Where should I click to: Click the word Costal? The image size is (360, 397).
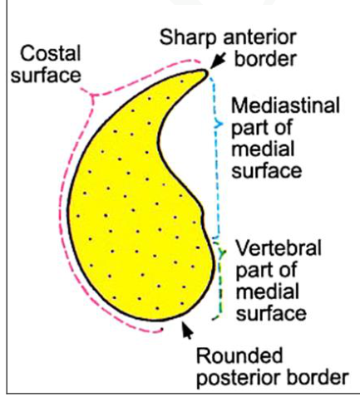tap(51, 53)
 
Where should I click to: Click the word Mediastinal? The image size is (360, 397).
tap(285, 105)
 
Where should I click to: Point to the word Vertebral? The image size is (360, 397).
tap(279, 248)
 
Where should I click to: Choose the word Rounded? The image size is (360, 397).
tap(239, 355)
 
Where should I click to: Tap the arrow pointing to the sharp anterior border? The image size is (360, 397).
tap(218, 61)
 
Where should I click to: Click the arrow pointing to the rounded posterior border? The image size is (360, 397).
tap(187, 330)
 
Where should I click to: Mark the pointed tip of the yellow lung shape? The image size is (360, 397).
tap(206, 73)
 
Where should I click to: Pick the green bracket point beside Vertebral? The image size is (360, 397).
tap(225, 252)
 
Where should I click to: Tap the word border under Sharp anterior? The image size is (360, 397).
tap(265, 59)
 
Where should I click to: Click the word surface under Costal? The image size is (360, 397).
tap(46, 76)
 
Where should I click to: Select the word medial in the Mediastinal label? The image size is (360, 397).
tap(263, 149)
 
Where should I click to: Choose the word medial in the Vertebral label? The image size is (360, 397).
tap(267, 292)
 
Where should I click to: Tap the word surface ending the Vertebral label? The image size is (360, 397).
tap(271, 314)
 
